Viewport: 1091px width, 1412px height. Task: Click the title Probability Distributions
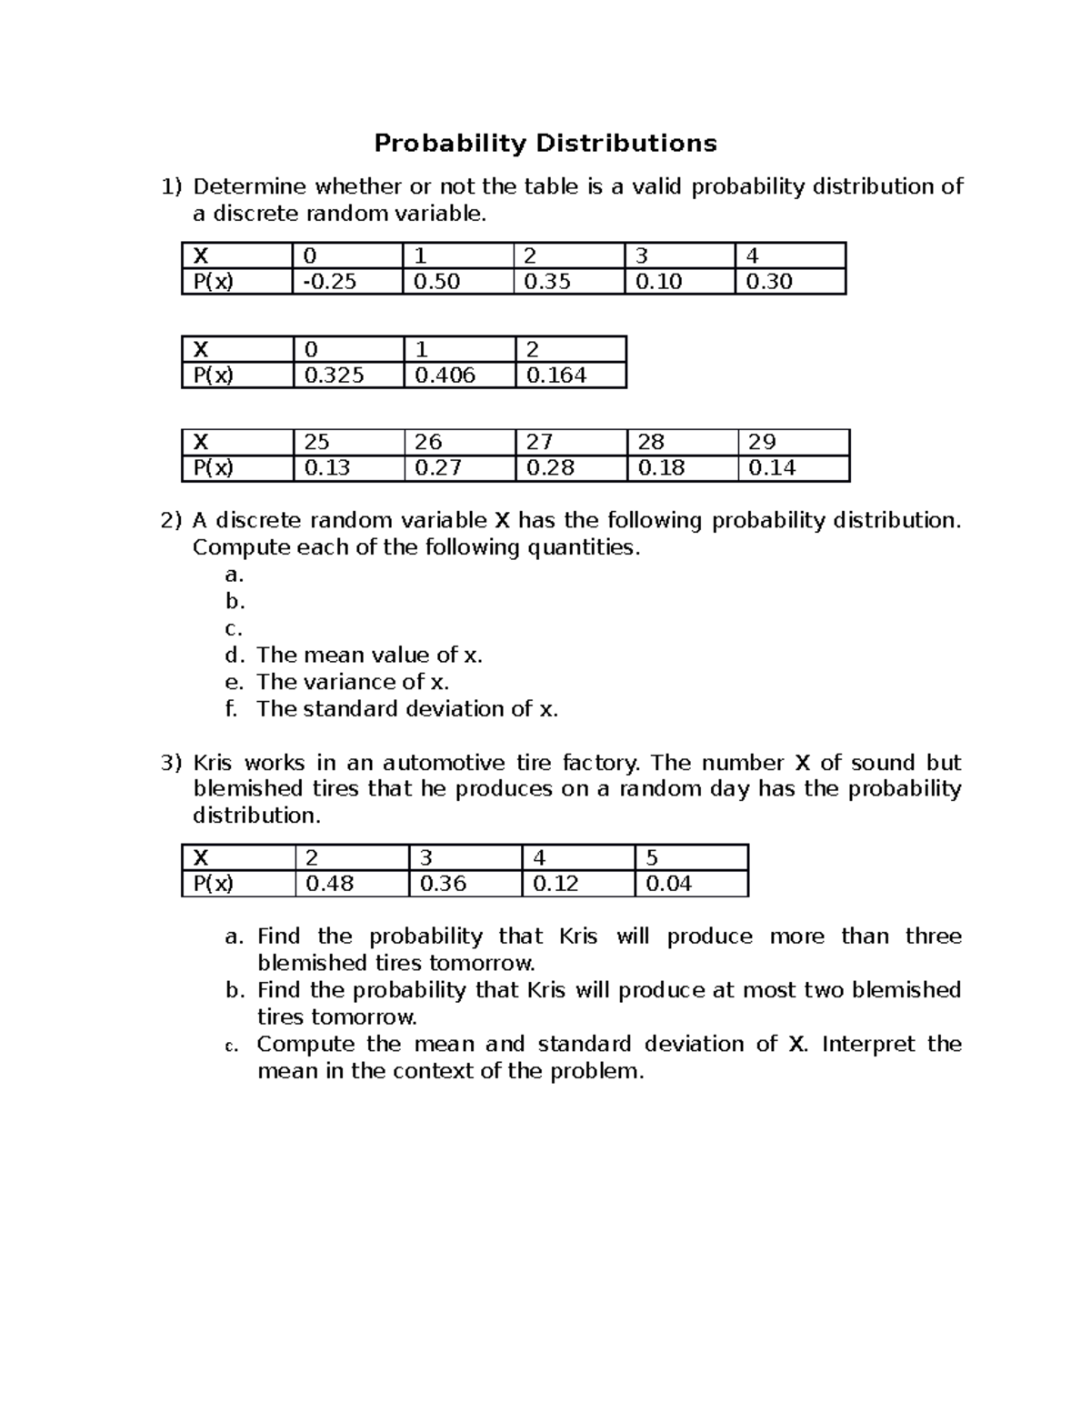[x=545, y=144]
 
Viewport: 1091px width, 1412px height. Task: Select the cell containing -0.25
[x=346, y=282]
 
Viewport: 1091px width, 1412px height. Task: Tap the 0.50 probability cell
[x=457, y=282]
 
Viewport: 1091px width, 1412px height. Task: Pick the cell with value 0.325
[x=347, y=375]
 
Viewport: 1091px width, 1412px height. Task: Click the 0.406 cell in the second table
[x=458, y=375]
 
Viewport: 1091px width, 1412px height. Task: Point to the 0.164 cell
[x=569, y=375]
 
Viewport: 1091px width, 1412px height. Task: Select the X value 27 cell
[x=570, y=442]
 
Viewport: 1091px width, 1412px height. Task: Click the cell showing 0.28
[x=570, y=468]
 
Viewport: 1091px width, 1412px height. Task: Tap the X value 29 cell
[x=793, y=442]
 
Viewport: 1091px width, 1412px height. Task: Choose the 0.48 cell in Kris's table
[x=351, y=884]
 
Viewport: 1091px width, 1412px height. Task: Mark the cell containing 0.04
[x=690, y=884]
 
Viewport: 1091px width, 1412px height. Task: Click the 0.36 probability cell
[x=465, y=884]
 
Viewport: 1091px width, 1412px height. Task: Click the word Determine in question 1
[x=250, y=187]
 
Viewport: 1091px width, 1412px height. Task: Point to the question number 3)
[x=172, y=763]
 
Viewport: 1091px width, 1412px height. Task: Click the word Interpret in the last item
[x=867, y=1044]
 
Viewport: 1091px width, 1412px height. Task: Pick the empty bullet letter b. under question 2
[x=235, y=602]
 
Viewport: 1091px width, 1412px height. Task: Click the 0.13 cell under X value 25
[x=347, y=468]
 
